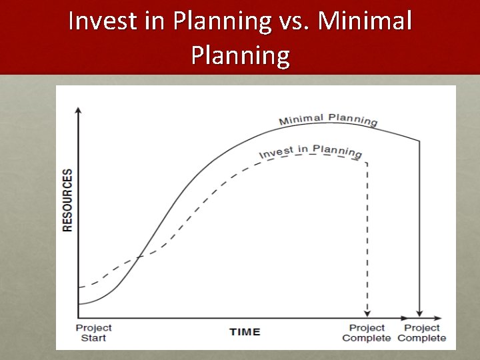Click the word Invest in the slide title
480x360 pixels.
coord(100,21)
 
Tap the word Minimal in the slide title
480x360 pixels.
coord(365,21)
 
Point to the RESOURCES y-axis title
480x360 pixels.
coord(67,200)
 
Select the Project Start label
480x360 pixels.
coord(93,333)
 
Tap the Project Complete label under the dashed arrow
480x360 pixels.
coord(367,333)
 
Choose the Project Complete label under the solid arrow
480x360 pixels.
coord(421,333)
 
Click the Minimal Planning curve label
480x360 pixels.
coord(328,120)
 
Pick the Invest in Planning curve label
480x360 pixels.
coord(311,151)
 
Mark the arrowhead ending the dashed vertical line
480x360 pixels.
coord(366,312)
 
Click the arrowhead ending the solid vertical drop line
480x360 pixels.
coord(419,312)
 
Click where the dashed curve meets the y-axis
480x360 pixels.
coord(79,287)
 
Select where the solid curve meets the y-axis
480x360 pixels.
coord(79,304)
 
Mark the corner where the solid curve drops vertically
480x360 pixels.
coord(419,141)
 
